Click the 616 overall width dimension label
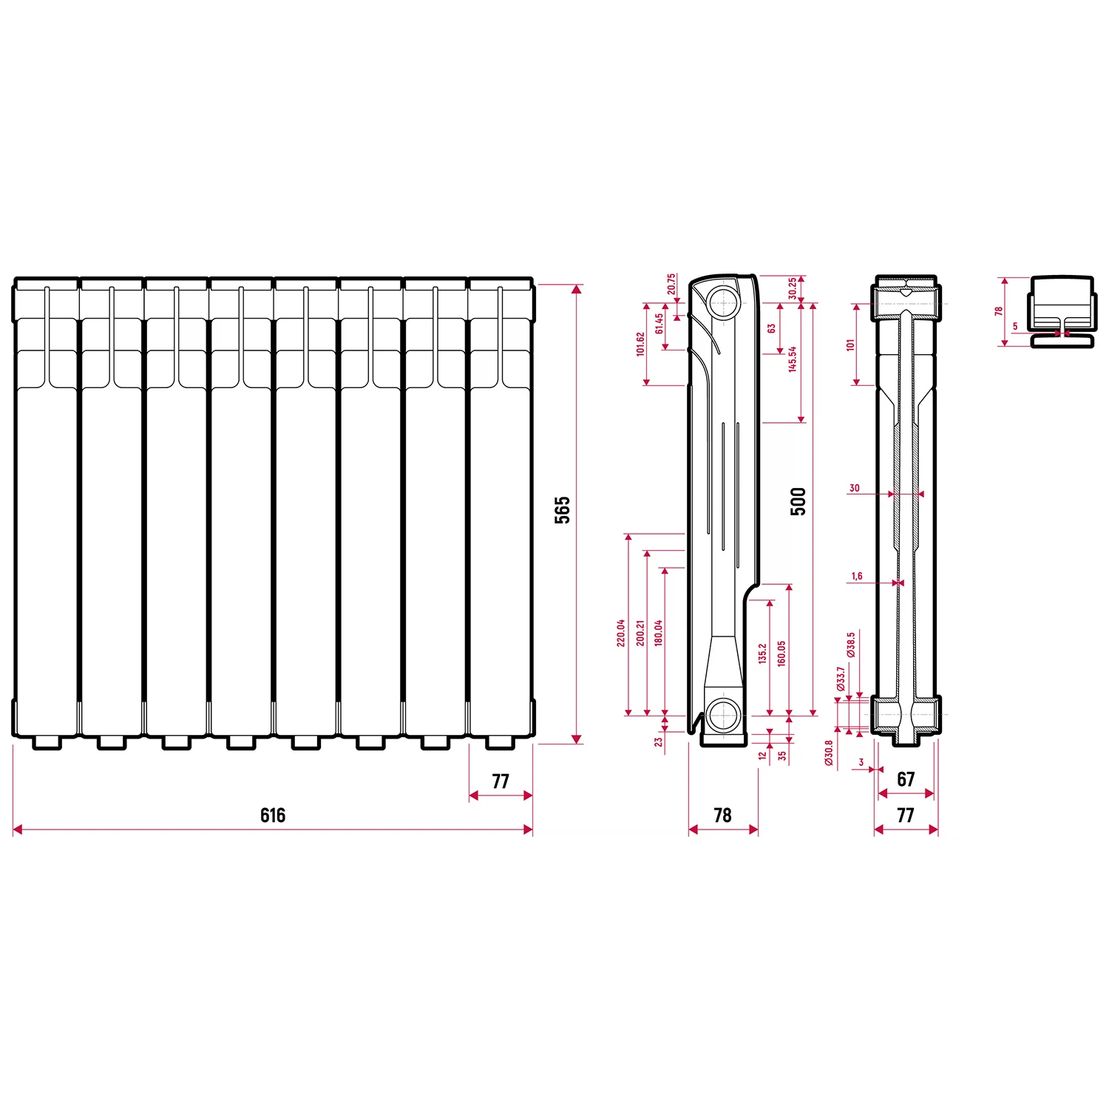[x=273, y=815]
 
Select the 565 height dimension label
[x=563, y=510]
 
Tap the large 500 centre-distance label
[x=798, y=501]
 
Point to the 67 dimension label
[x=906, y=779]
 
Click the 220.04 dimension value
[x=621, y=633]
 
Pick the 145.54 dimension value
[x=793, y=359]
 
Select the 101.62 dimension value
[x=640, y=344]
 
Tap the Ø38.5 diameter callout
[x=851, y=645]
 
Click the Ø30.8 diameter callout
[x=829, y=753]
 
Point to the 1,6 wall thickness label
[x=857, y=576]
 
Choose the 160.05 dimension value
[x=782, y=654]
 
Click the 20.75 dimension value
[x=671, y=285]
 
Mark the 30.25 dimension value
[x=793, y=288]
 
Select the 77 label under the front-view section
[x=501, y=781]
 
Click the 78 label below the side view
[x=722, y=815]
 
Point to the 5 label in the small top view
[x=1015, y=326]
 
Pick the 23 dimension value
[x=659, y=742]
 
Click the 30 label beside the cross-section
[x=855, y=488]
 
